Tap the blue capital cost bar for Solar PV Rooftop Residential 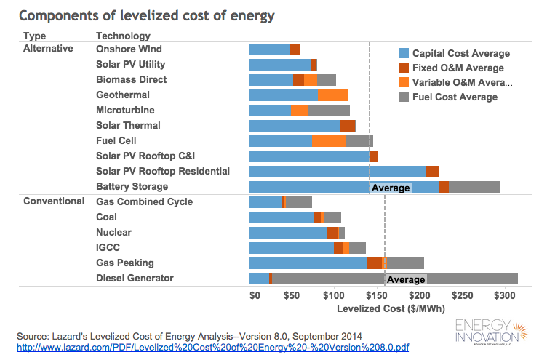(338, 172)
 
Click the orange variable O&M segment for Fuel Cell (329, 141)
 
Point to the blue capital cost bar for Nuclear (287, 233)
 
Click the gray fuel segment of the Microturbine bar (328, 111)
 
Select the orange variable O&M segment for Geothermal (332, 95)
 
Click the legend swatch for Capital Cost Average (404, 53)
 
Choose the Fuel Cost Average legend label (455, 97)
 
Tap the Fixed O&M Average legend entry (458, 68)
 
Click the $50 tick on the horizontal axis (292, 296)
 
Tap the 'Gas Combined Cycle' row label (144, 201)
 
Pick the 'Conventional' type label (54, 201)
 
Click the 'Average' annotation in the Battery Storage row (391, 188)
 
